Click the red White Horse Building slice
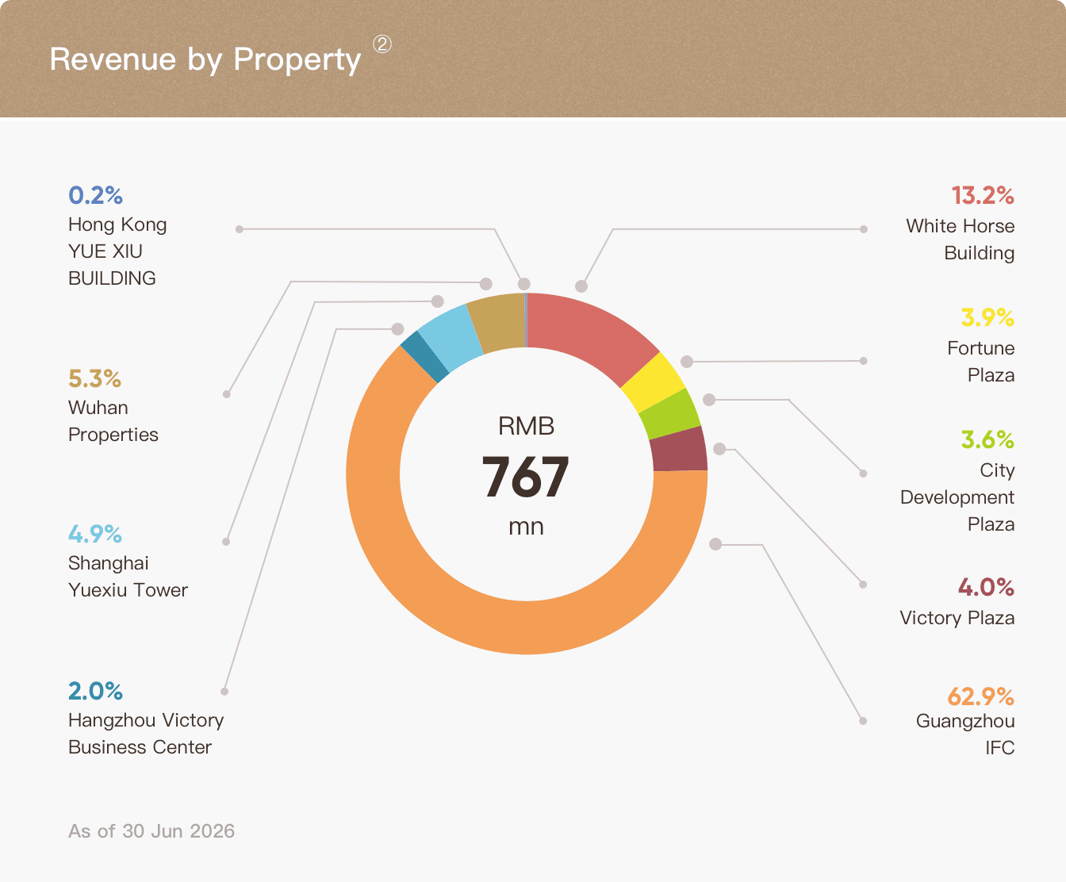[589, 332]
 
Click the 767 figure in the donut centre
[525, 477]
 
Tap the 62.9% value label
[981, 696]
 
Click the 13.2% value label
[983, 195]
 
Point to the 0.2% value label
[95, 195]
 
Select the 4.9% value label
[95, 535]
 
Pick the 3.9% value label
[987, 317]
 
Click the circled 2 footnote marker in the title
[382, 44]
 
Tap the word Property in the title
[297, 59]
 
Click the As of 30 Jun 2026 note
[151, 831]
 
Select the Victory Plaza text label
[957, 618]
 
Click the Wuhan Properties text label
[113, 421]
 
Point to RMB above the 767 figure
[526, 426]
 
